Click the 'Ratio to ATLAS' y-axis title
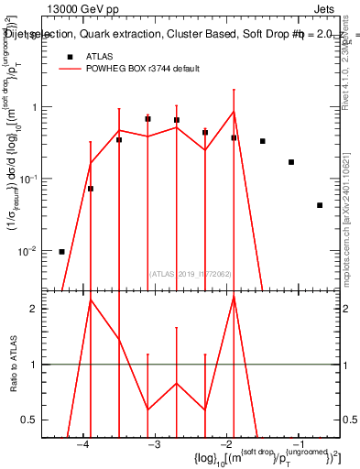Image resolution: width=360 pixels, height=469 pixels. [x=11, y=365]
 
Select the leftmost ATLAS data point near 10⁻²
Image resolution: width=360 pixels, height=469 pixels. [x=61, y=251]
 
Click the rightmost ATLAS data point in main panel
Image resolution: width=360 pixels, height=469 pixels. [x=319, y=205]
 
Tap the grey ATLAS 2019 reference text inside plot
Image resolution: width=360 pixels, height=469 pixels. [x=190, y=273]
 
